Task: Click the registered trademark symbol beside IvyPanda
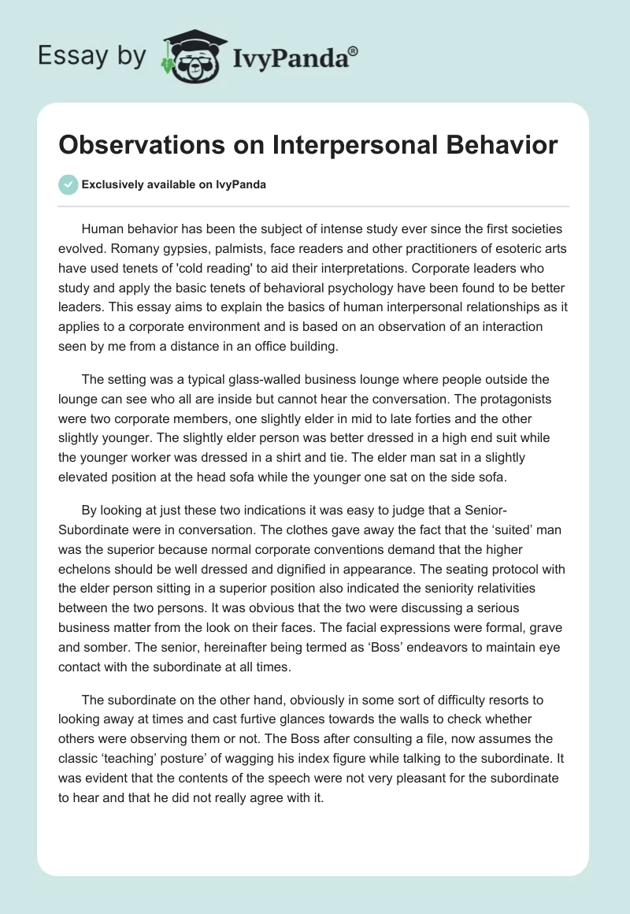(353, 51)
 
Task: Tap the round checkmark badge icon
(68, 184)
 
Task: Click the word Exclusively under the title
(113, 184)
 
